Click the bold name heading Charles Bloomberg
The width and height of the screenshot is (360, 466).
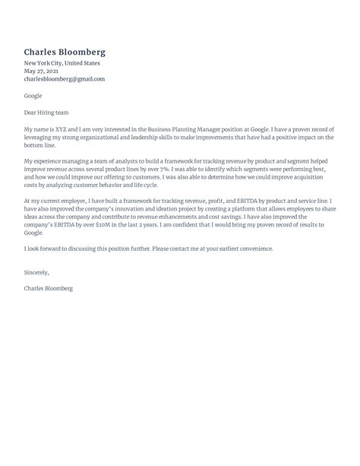[x=65, y=52]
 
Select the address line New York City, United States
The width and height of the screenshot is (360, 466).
[x=62, y=63]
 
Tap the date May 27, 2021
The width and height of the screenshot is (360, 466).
[x=41, y=71]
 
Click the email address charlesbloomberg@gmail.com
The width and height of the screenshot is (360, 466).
[x=64, y=79]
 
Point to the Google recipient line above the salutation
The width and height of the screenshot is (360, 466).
[x=33, y=96]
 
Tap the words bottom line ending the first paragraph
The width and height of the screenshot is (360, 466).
[x=41, y=145]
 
